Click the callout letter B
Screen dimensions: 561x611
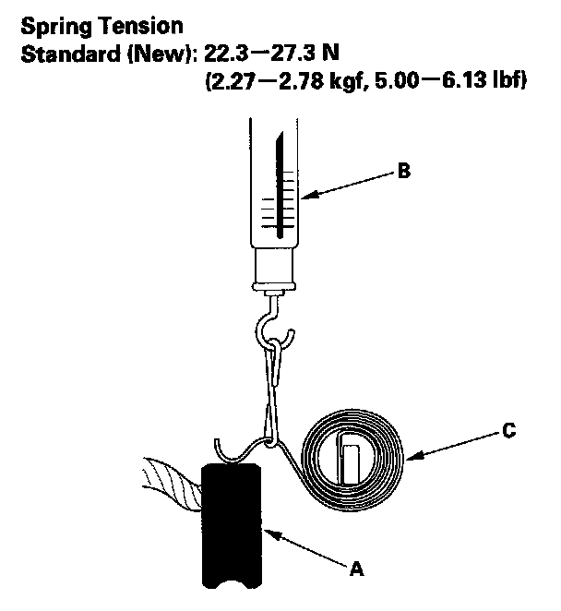[404, 173]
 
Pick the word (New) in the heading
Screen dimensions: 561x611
[159, 54]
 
